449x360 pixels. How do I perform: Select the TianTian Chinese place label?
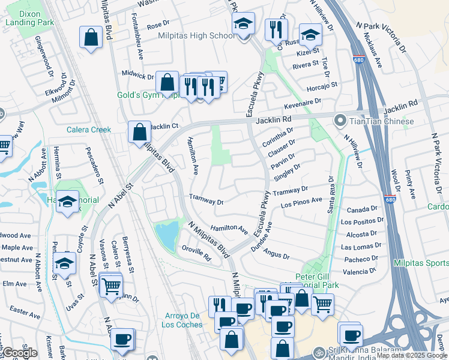[382, 122]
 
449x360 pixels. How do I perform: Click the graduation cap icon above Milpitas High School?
[243, 25]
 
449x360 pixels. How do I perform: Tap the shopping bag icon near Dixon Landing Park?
[90, 37]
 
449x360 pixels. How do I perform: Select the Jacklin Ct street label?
[163, 127]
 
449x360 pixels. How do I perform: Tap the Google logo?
[20, 353]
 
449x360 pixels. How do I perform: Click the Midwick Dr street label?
[138, 76]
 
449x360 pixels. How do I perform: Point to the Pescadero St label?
[92, 162]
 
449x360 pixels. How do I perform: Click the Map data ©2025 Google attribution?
[411, 355]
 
